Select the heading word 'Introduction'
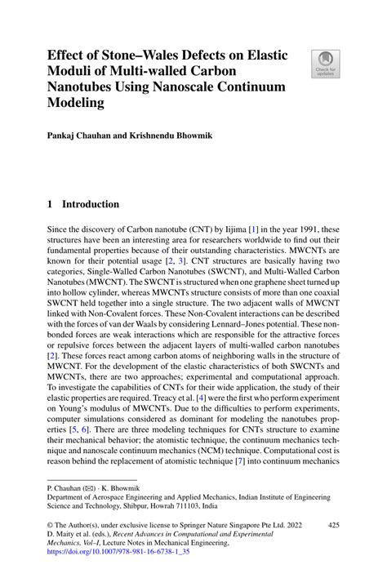[x=91, y=204]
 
